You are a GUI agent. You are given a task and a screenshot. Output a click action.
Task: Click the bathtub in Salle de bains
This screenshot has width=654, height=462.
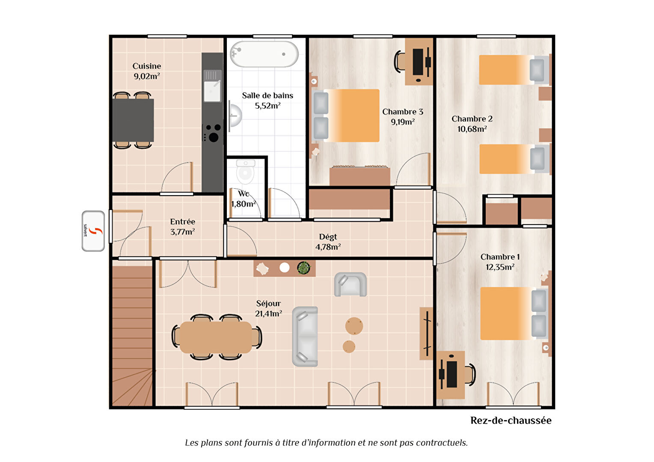click(264, 54)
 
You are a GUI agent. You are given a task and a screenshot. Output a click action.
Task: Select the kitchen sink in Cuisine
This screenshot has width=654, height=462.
click(212, 86)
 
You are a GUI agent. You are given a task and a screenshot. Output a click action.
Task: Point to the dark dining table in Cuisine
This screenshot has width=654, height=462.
click(133, 120)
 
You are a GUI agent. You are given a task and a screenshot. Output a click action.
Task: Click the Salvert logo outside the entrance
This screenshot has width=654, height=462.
click(93, 231)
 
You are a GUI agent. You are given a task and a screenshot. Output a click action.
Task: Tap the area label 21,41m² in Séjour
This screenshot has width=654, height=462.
click(268, 314)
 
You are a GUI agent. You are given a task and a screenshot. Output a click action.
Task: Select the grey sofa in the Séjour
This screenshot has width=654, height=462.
click(305, 336)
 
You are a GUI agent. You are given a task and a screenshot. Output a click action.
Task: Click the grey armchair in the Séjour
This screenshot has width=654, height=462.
click(350, 284)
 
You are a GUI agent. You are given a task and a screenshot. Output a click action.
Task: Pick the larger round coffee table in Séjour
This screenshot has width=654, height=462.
click(354, 326)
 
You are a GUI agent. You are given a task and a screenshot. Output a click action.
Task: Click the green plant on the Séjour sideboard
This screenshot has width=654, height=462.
click(303, 268)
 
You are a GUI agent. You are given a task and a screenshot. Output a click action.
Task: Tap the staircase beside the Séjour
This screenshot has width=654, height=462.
click(132, 336)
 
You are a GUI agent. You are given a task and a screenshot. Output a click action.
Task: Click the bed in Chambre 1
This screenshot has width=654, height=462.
click(514, 314)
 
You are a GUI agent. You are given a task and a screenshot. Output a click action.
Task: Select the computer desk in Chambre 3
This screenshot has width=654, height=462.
click(419, 62)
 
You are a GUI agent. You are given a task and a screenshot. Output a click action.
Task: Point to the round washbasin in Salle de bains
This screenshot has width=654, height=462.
click(235, 115)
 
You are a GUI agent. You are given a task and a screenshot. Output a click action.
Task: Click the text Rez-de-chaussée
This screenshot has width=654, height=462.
click(511, 421)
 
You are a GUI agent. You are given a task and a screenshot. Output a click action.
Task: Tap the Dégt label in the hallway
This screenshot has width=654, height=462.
click(328, 237)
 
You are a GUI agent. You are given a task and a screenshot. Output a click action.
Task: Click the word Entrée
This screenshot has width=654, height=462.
click(182, 222)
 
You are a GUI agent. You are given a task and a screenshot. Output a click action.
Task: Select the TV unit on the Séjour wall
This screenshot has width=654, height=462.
click(426, 334)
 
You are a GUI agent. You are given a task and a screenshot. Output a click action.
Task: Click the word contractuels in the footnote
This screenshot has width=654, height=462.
click(442, 443)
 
